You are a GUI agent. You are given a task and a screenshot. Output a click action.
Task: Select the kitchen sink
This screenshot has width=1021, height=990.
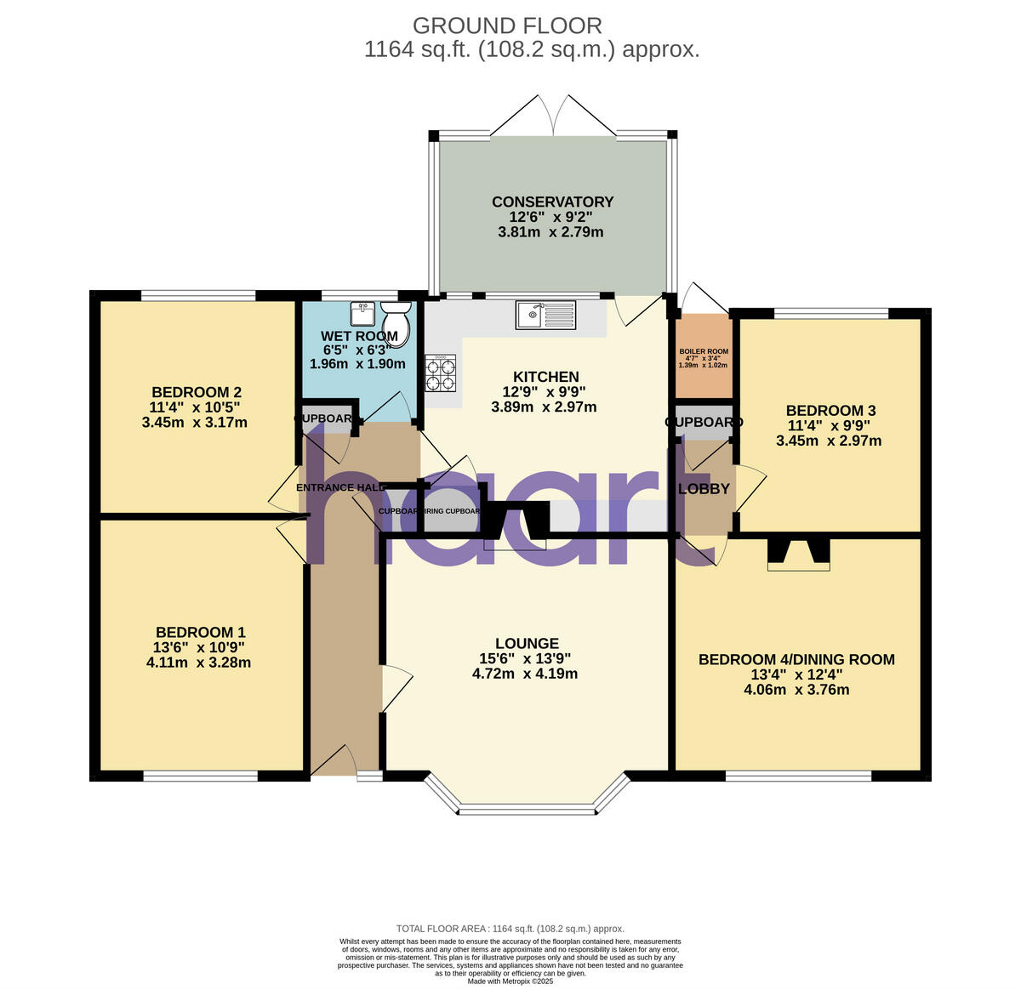tap(545, 315)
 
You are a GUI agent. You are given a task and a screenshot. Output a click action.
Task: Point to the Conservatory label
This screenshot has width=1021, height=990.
tap(552, 202)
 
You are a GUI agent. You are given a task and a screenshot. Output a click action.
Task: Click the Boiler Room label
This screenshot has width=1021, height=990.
tap(703, 351)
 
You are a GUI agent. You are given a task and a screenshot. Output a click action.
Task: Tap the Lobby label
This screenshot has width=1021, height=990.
tap(704, 489)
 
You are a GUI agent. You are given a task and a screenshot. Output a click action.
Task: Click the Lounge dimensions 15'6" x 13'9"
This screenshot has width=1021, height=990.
tap(524, 658)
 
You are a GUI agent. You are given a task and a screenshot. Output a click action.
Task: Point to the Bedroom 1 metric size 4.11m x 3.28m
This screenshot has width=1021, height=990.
tap(198, 663)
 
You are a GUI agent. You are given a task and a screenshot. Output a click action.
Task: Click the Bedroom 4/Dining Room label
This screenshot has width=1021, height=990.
tap(796, 659)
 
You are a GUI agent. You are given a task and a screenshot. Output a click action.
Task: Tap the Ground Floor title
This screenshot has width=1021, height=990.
tap(507, 26)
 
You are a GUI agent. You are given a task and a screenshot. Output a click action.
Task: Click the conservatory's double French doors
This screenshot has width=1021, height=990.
tap(553, 115)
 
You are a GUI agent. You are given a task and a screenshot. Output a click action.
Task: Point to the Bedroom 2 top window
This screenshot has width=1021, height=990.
tap(198, 296)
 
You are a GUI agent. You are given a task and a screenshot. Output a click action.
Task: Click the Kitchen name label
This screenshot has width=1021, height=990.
tap(545, 377)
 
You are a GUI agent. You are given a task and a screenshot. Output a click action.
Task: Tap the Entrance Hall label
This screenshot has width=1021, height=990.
tap(338, 487)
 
